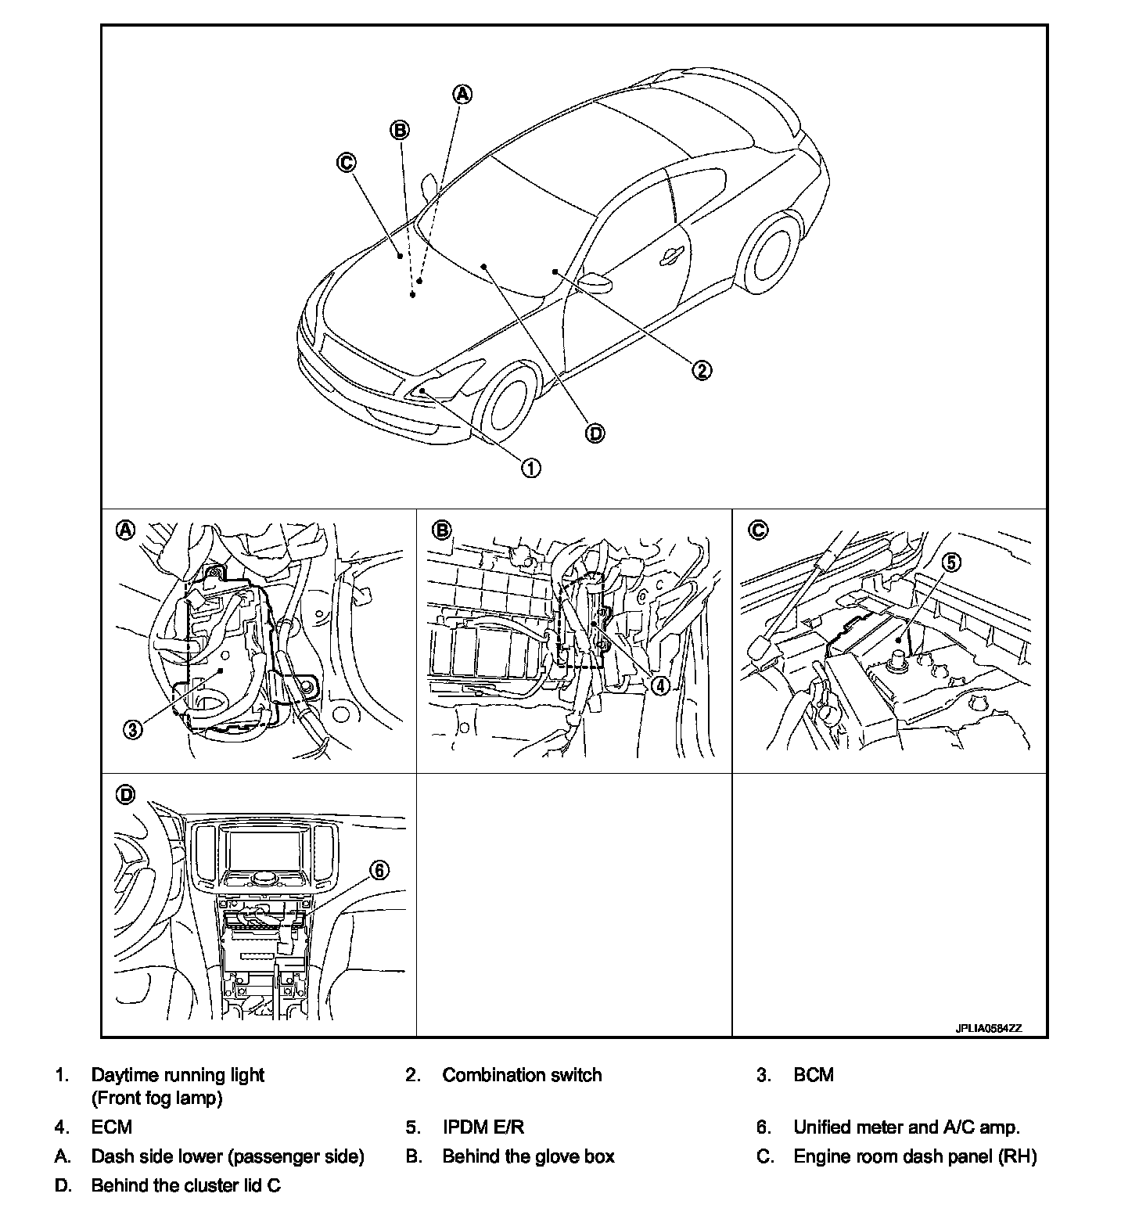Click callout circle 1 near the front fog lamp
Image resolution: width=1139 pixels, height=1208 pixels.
tap(530, 468)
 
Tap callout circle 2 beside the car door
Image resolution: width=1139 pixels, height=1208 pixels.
tap(702, 370)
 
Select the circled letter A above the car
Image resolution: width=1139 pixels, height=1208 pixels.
tap(463, 94)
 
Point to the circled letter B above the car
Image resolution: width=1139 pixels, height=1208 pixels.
tap(400, 130)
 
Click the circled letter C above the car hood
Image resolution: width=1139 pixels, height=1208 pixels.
tap(346, 163)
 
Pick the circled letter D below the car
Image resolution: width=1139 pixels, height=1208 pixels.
tap(595, 433)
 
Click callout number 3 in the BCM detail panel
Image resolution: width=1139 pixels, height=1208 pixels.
tap(134, 730)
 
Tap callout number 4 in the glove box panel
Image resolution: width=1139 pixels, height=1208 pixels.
tap(661, 685)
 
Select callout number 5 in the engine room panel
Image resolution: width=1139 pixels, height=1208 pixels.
tap(951, 563)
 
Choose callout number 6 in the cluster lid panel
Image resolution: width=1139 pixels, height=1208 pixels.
tap(379, 871)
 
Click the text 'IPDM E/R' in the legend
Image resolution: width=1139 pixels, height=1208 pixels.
tap(483, 1127)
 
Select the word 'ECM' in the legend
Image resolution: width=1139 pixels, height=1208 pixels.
tap(111, 1127)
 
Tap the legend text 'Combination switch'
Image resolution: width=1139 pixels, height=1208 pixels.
tap(522, 1075)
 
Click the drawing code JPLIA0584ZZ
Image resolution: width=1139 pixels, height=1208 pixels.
tap(988, 1029)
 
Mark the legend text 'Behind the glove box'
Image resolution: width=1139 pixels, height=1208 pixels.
tap(528, 1156)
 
